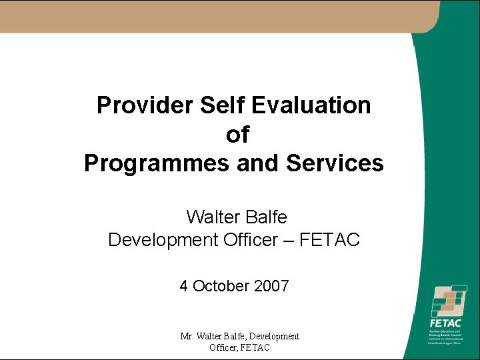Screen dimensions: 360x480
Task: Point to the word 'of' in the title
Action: tap(237, 135)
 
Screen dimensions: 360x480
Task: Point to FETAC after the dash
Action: tap(329, 239)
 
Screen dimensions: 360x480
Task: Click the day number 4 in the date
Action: tap(183, 287)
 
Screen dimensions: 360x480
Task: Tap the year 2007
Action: tap(271, 287)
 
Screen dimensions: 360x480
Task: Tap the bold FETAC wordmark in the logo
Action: tap(445, 323)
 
